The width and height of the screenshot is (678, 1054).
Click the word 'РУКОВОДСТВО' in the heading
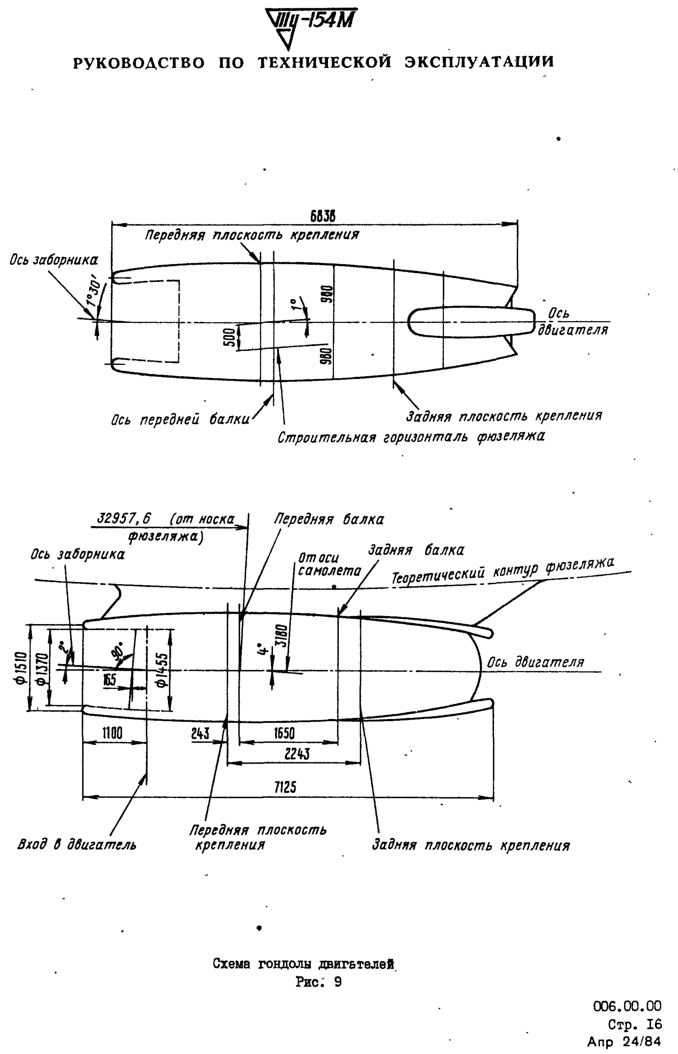pyautogui.click(x=139, y=63)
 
